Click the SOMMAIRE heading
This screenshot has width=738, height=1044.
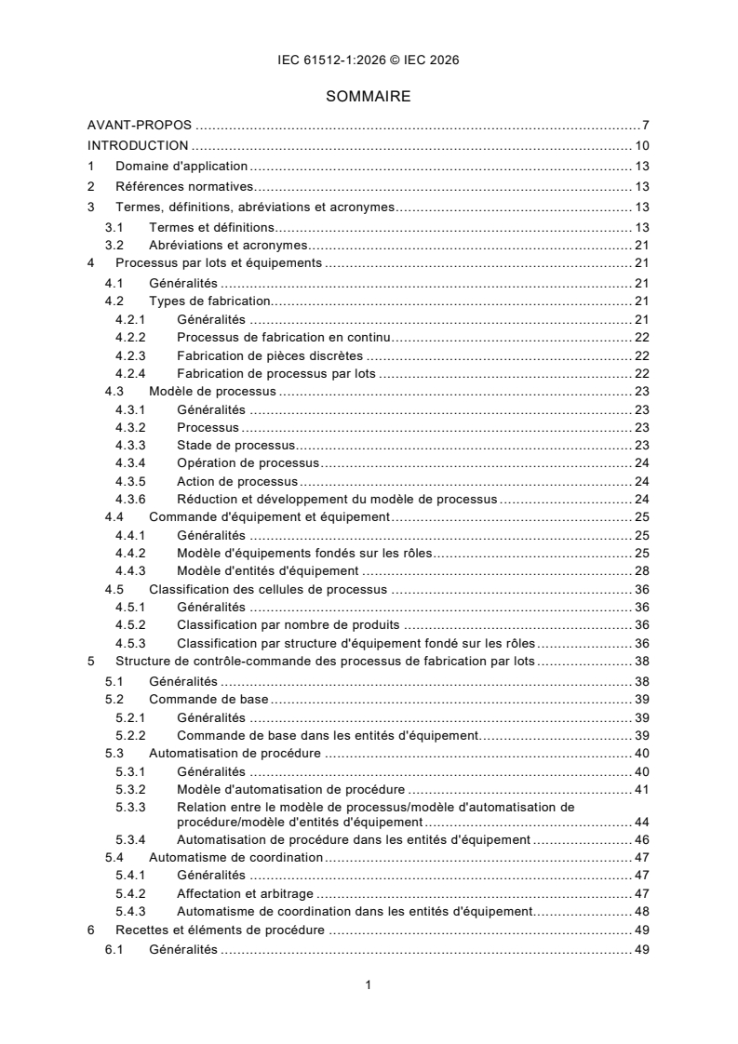tap(368, 96)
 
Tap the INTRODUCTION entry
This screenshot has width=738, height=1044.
tap(139, 145)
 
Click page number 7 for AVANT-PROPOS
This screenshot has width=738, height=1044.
tap(645, 125)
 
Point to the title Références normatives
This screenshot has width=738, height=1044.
tap(171, 186)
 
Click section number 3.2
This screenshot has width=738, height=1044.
tap(114, 247)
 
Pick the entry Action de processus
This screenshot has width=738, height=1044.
tap(236, 481)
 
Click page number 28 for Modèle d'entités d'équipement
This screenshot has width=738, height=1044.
tap(641, 570)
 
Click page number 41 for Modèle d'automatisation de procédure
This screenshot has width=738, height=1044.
tap(641, 789)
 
